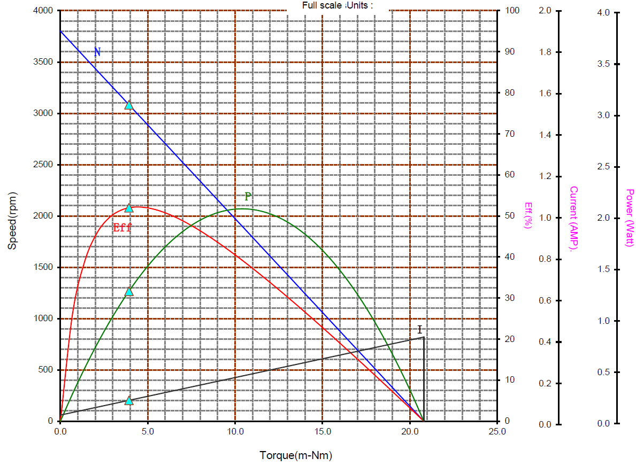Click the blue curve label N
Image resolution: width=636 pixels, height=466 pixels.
[x=97, y=52]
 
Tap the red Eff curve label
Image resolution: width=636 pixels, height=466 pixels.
[x=122, y=228]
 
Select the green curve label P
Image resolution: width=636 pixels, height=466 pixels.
[x=248, y=197]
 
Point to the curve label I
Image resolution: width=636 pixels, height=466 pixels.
[x=420, y=329]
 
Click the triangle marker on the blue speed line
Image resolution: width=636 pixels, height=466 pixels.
[x=129, y=105]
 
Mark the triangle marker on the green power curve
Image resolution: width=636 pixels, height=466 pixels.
[x=129, y=292]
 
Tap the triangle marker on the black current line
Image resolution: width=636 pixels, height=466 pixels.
[x=129, y=401]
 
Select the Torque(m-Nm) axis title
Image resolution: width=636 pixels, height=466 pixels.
[x=296, y=456]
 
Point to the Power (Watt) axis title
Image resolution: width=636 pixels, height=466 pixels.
[x=630, y=218]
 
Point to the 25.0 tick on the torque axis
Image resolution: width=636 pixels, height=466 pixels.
[x=497, y=431]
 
